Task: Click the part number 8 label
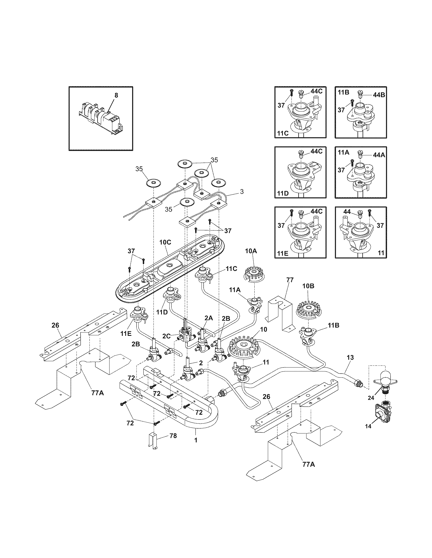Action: click(x=116, y=95)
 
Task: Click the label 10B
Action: click(x=308, y=286)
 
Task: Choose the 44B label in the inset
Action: click(x=379, y=95)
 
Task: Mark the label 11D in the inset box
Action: click(x=283, y=193)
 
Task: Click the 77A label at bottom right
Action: click(x=308, y=464)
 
